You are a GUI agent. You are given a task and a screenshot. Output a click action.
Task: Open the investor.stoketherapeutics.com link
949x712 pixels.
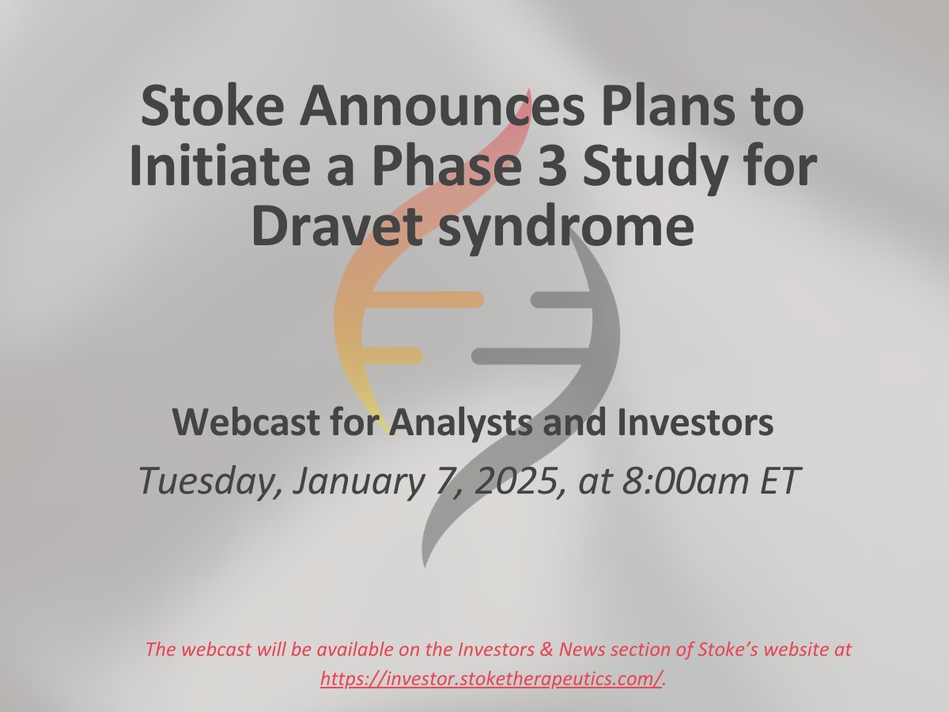(490, 678)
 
